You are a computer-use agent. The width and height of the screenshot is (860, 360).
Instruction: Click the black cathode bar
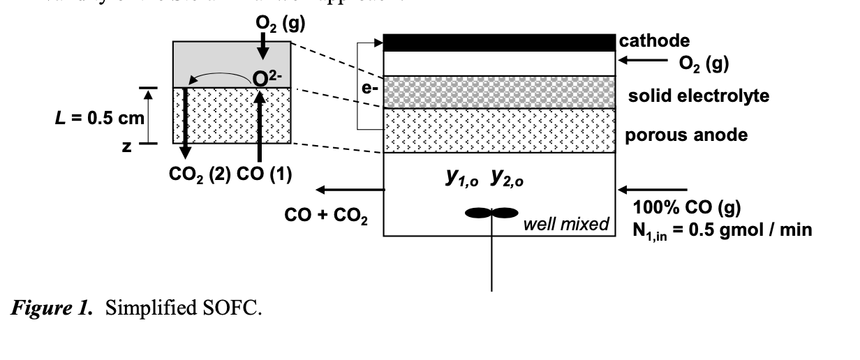498,42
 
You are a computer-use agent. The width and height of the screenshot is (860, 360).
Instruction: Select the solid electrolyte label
699,96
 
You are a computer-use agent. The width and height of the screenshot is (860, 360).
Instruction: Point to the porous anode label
685,135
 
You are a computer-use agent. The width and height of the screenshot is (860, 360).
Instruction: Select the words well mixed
565,225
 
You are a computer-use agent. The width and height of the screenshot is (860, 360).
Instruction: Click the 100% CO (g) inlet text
688,207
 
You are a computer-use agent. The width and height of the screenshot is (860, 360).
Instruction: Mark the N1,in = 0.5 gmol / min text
722,230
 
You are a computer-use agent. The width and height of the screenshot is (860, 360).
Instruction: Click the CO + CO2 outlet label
326,216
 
